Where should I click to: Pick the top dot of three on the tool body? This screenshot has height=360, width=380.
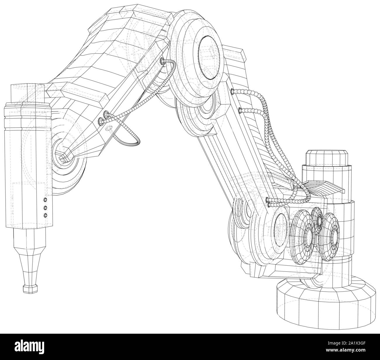tap(45, 200)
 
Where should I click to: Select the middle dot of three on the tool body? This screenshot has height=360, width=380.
tap(45, 207)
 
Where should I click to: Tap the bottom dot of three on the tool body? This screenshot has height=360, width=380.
tap(45, 215)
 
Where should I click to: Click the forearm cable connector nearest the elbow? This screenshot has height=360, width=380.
tap(162, 61)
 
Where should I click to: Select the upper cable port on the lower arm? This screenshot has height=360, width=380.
tap(232, 91)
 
